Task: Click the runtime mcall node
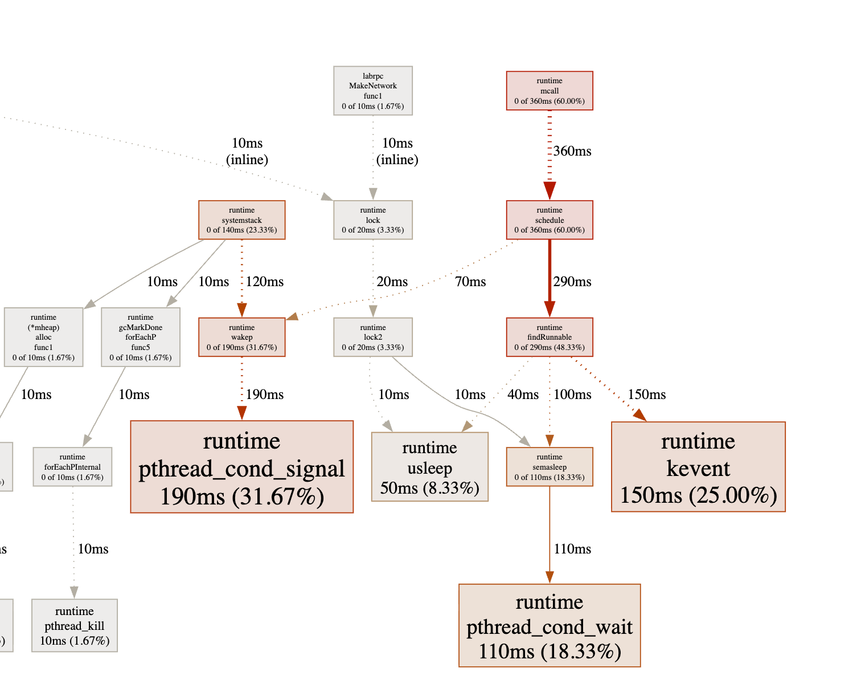pos(549,91)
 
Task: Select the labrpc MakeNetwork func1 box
pos(373,91)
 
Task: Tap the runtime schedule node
pos(549,220)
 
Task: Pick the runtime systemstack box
pos(241,220)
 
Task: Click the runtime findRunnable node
pos(549,337)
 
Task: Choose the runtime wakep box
pos(241,337)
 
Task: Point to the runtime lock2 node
pos(373,337)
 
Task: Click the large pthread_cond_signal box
pos(241,467)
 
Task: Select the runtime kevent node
pos(698,467)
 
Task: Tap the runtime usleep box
pos(429,467)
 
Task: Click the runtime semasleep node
pos(549,467)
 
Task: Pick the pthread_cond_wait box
pos(549,625)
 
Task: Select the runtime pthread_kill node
pos(75,625)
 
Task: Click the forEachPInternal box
pos(72,467)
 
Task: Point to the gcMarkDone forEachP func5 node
pos(141,337)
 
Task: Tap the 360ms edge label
pos(572,151)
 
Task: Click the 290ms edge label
pos(572,282)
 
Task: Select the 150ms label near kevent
pos(647,394)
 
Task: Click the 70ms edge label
pos(470,282)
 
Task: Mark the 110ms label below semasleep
pos(572,549)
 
